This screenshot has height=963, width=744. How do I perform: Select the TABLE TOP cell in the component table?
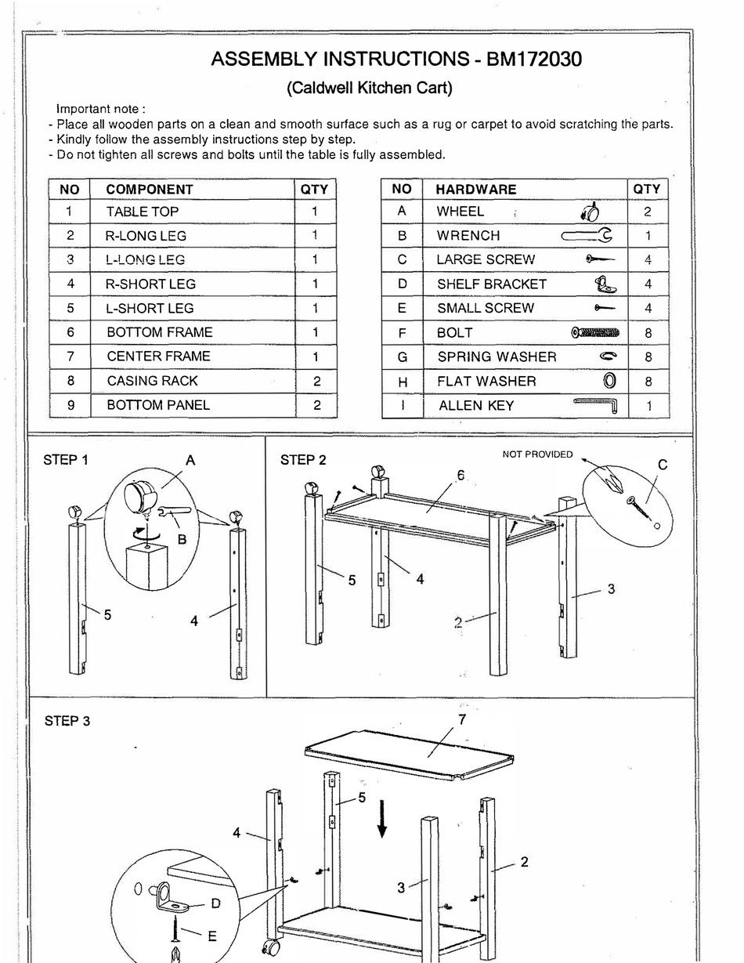pos(143,212)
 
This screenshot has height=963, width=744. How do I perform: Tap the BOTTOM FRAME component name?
pos(159,332)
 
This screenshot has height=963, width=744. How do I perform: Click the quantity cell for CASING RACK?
pos(315,381)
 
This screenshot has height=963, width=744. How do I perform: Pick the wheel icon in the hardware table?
pos(591,212)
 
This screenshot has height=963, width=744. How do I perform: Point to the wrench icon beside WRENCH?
pos(587,235)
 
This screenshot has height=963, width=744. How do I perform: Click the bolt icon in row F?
pos(595,333)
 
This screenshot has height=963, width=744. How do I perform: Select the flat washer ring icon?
pos(609,382)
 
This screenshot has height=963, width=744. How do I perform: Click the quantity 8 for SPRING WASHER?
pos(648,357)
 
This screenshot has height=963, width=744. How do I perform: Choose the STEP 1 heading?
pos(66,460)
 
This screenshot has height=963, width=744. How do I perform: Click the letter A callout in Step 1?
pos(190,461)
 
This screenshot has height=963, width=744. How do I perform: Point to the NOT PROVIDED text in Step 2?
pos(537,454)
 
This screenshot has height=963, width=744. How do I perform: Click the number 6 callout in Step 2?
pos(460,475)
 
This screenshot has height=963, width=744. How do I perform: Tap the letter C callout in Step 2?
pos(662,465)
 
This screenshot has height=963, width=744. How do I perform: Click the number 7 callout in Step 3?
pos(462,719)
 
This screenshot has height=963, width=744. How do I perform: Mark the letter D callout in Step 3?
pos(215,903)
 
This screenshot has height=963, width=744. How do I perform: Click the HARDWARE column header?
pos(475,190)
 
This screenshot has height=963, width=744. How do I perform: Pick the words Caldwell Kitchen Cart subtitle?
pos(370,88)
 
